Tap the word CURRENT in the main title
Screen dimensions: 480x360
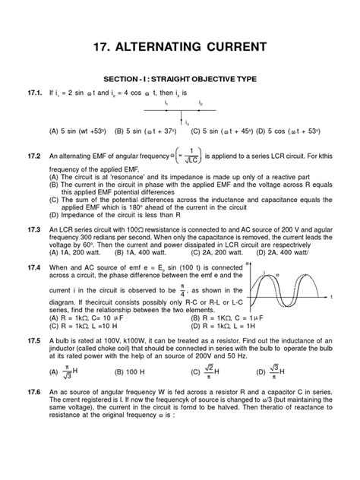(245, 46)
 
